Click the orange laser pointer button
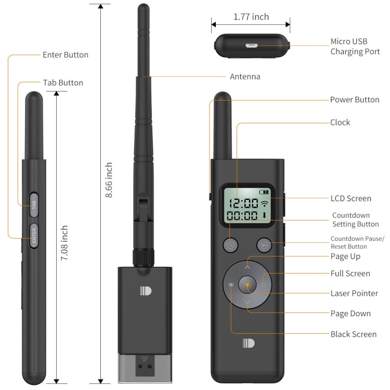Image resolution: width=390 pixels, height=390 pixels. coord(247,285)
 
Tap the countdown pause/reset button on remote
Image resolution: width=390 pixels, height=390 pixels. coord(264,244)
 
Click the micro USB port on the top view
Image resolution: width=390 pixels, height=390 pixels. coord(251,46)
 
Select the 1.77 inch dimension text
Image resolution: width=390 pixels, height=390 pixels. coord(251,17)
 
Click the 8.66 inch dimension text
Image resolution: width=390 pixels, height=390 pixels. coord(109,180)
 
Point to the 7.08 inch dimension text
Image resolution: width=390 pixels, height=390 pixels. coord(64,243)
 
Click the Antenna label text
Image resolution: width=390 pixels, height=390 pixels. coord(245,77)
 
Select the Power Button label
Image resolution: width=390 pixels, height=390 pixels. coord(355,99)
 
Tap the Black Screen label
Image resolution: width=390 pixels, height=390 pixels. coord(353,334)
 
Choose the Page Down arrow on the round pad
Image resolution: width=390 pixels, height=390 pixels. coord(247,304)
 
